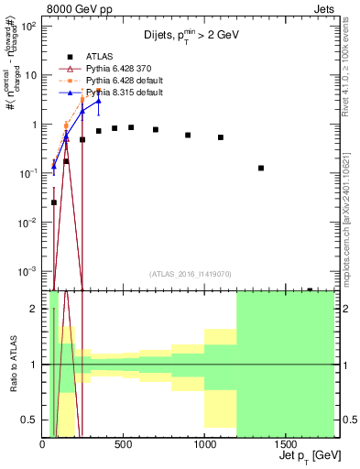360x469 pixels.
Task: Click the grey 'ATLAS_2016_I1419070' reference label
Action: click(x=190, y=273)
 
